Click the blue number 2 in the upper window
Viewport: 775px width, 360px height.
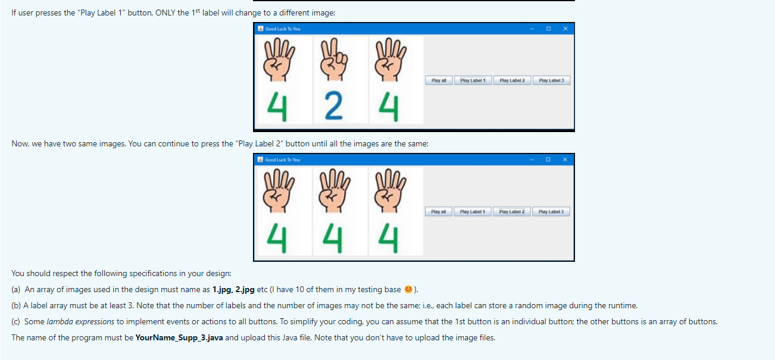pos(333,106)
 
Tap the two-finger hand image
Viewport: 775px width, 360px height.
pos(333,60)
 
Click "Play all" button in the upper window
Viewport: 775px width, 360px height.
pos(439,80)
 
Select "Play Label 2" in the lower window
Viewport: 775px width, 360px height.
pos(512,212)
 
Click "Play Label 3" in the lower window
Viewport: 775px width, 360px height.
pos(551,212)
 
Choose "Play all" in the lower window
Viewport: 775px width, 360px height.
pos(438,212)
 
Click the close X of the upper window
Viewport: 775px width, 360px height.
pos(565,29)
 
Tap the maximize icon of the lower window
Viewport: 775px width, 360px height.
pos(548,159)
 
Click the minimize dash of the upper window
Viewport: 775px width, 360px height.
pos(532,29)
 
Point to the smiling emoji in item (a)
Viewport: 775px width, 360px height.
pos(408,289)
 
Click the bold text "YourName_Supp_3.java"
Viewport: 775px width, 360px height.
pos(179,337)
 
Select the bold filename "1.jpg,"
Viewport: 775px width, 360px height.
pos(223,289)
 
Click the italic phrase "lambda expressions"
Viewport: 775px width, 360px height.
pos(80,321)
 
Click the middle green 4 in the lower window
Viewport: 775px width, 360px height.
pos(333,238)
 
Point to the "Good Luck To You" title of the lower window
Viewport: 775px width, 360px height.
pos(282,160)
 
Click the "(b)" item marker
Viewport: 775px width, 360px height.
pos(16,306)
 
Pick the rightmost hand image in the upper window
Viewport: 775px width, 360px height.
pos(390,60)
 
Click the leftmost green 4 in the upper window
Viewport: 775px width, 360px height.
pos(277,107)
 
